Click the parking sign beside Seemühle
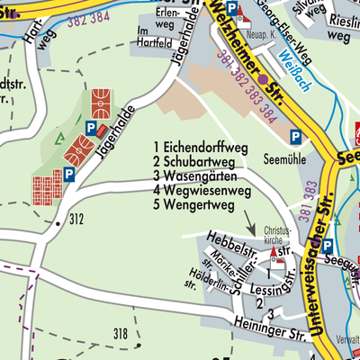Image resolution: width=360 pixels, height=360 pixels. coord(295,137)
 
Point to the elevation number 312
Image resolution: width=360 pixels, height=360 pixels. coord(76,219)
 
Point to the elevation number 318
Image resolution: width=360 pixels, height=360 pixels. coord(121,335)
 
